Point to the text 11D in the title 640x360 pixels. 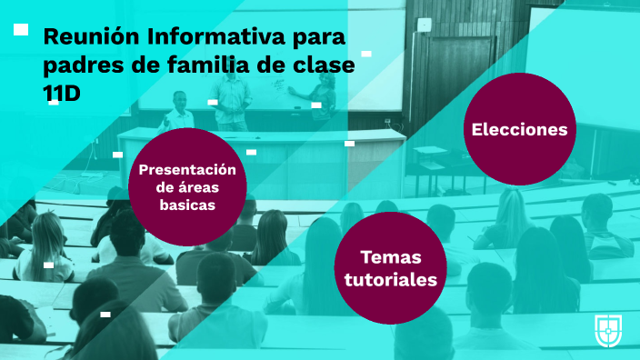(x=62, y=94)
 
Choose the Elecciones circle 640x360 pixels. (x=519, y=129)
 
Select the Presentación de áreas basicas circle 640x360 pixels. (x=187, y=186)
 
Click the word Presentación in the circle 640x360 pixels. (x=187, y=169)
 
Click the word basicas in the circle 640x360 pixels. (x=187, y=205)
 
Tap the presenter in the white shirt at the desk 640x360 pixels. (x=179, y=113)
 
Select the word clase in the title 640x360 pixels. (x=322, y=65)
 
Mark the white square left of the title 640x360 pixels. (x=21, y=29)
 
